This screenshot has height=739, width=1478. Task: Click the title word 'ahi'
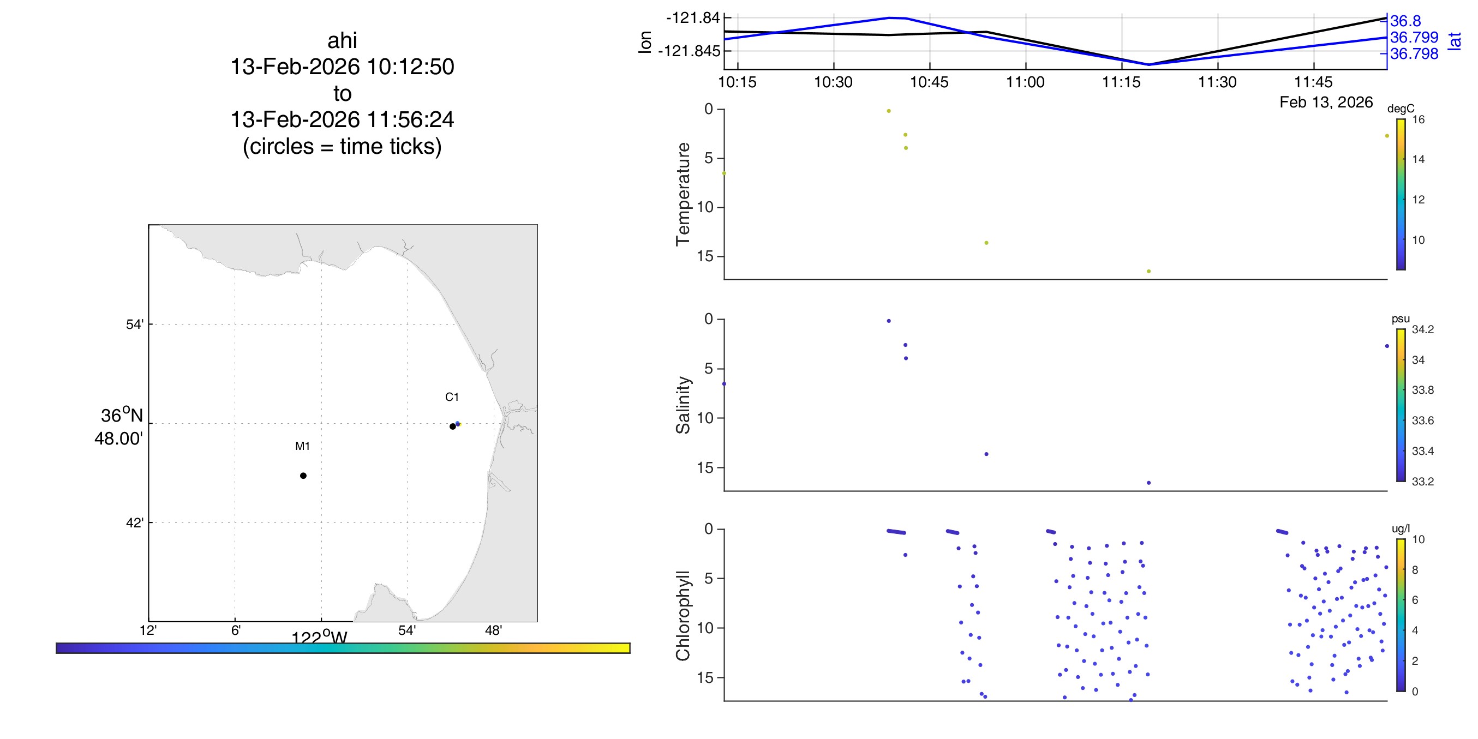(x=342, y=41)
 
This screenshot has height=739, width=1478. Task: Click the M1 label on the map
(x=302, y=446)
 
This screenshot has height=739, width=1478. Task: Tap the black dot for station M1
(x=303, y=476)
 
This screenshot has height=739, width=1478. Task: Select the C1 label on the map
(x=452, y=396)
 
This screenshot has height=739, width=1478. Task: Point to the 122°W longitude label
(x=319, y=638)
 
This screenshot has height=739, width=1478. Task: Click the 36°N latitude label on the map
(x=121, y=416)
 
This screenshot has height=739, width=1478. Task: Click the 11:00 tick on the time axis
(x=1025, y=82)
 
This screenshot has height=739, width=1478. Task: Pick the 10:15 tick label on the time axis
(x=737, y=82)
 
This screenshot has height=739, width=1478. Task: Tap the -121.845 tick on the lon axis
(x=689, y=51)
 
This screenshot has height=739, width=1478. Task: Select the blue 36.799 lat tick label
(x=1414, y=37)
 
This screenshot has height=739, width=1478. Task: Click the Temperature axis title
(x=683, y=194)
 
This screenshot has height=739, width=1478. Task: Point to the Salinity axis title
(x=683, y=405)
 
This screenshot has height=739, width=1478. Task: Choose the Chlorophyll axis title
(x=683, y=615)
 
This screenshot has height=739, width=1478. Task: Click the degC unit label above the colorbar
(x=1401, y=109)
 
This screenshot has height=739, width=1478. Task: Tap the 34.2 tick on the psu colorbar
(x=1422, y=329)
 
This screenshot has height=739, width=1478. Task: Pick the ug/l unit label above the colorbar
(x=1401, y=528)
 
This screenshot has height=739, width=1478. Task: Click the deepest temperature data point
(x=1148, y=272)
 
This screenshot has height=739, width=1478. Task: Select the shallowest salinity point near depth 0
(x=889, y=321)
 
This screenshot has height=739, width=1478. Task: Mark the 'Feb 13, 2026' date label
(x=1326, y=102)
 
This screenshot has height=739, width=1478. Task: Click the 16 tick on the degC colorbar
(x=1419, y=119)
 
